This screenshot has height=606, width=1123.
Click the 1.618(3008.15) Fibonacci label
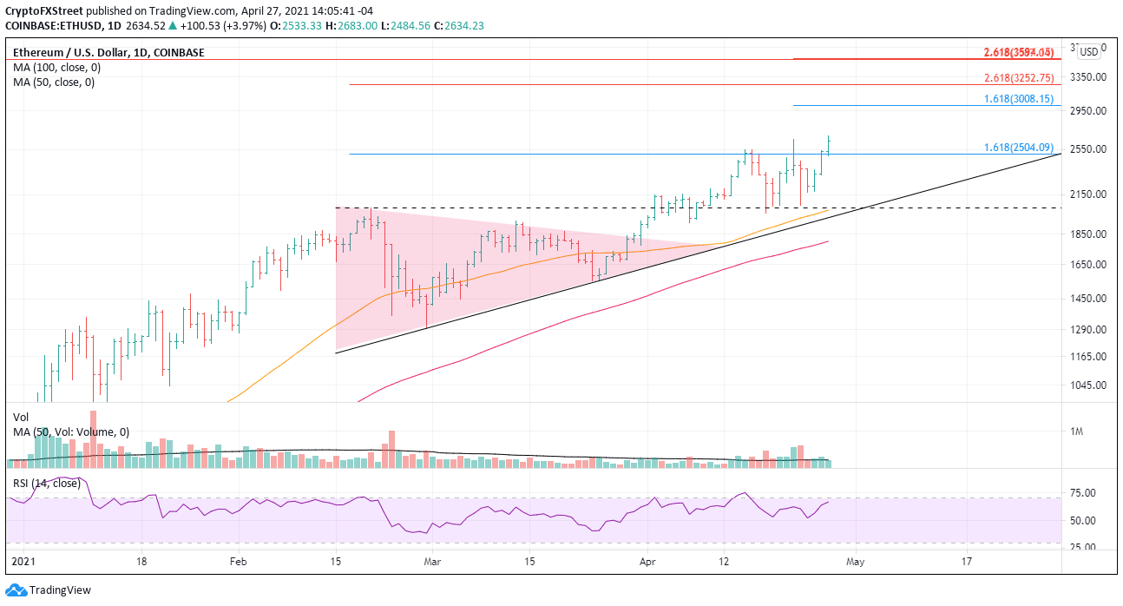click(x=1018, y=99)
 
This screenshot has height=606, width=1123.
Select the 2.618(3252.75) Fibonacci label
click(x=1018, y=77)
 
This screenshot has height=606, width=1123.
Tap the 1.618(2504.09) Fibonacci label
click(x=1018, y=148)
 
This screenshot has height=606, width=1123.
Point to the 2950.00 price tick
click(x=1087, y=111)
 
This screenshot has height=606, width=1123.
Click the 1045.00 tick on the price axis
click(x=1087, y=385)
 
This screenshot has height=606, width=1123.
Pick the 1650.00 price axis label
click(x=1087, y=265)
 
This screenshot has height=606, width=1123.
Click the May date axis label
click(x=854, y=561)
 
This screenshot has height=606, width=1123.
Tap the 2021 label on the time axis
click(x=23, y=561)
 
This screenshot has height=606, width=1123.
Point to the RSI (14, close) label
click(x=44, y=483)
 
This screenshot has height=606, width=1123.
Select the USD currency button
click(x=1088, y=52)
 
